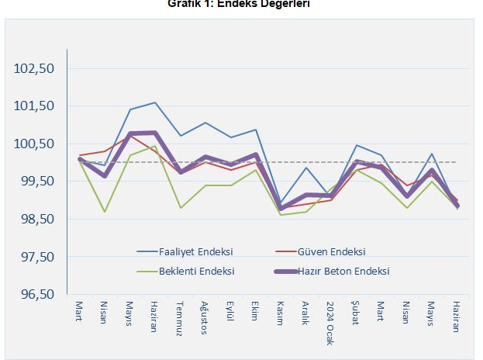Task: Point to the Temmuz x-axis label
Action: coord(180,317)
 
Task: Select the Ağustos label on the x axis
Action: coord(205,318)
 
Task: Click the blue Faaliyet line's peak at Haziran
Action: coord(155,102)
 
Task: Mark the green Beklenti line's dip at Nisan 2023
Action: coord(105,211)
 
